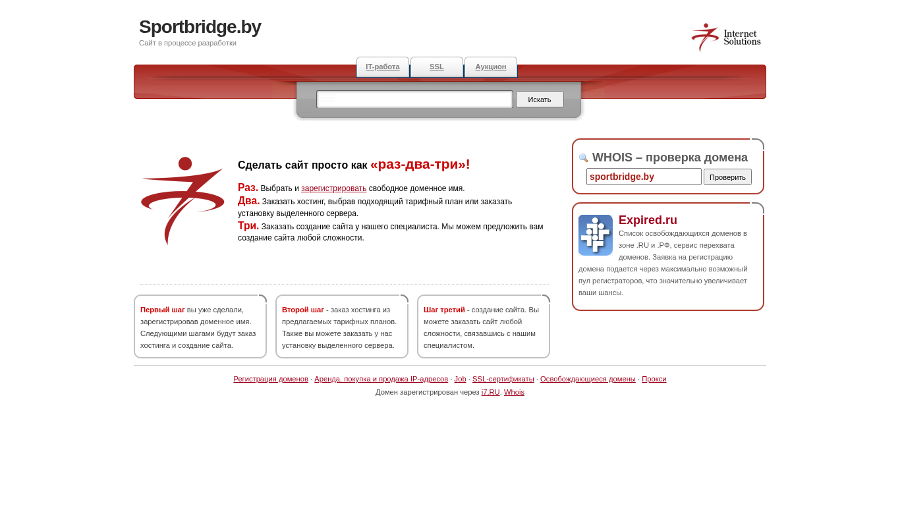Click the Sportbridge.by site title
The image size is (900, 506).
(x=200, y=27)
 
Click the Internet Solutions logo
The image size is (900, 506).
(x=725, y=38)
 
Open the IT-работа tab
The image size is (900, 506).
(x=383, y=67)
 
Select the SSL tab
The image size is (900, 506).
(x=437, y=67)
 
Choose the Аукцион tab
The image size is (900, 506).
(x=491, y=67)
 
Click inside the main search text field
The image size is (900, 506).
(x=414, y=99)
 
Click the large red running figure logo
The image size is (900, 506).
(x=183, y=200)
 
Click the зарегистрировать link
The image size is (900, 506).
(x=333, y=188)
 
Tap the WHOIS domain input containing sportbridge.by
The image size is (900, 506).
(x=643, y=177)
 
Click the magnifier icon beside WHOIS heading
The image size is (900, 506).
(x=583, y=158)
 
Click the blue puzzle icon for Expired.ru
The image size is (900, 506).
(x=596, y=235)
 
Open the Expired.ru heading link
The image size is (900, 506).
(x=648, y=220)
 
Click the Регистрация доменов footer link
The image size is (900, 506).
(x=271, y=379)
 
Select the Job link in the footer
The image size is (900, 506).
(x=460, y=379)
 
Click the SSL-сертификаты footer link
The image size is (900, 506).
(x=503, y=379)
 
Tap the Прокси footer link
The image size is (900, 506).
(x=654, y=379)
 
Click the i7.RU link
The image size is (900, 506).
(x=490, y=392)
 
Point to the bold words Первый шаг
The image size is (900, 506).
(x=162, y=310)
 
